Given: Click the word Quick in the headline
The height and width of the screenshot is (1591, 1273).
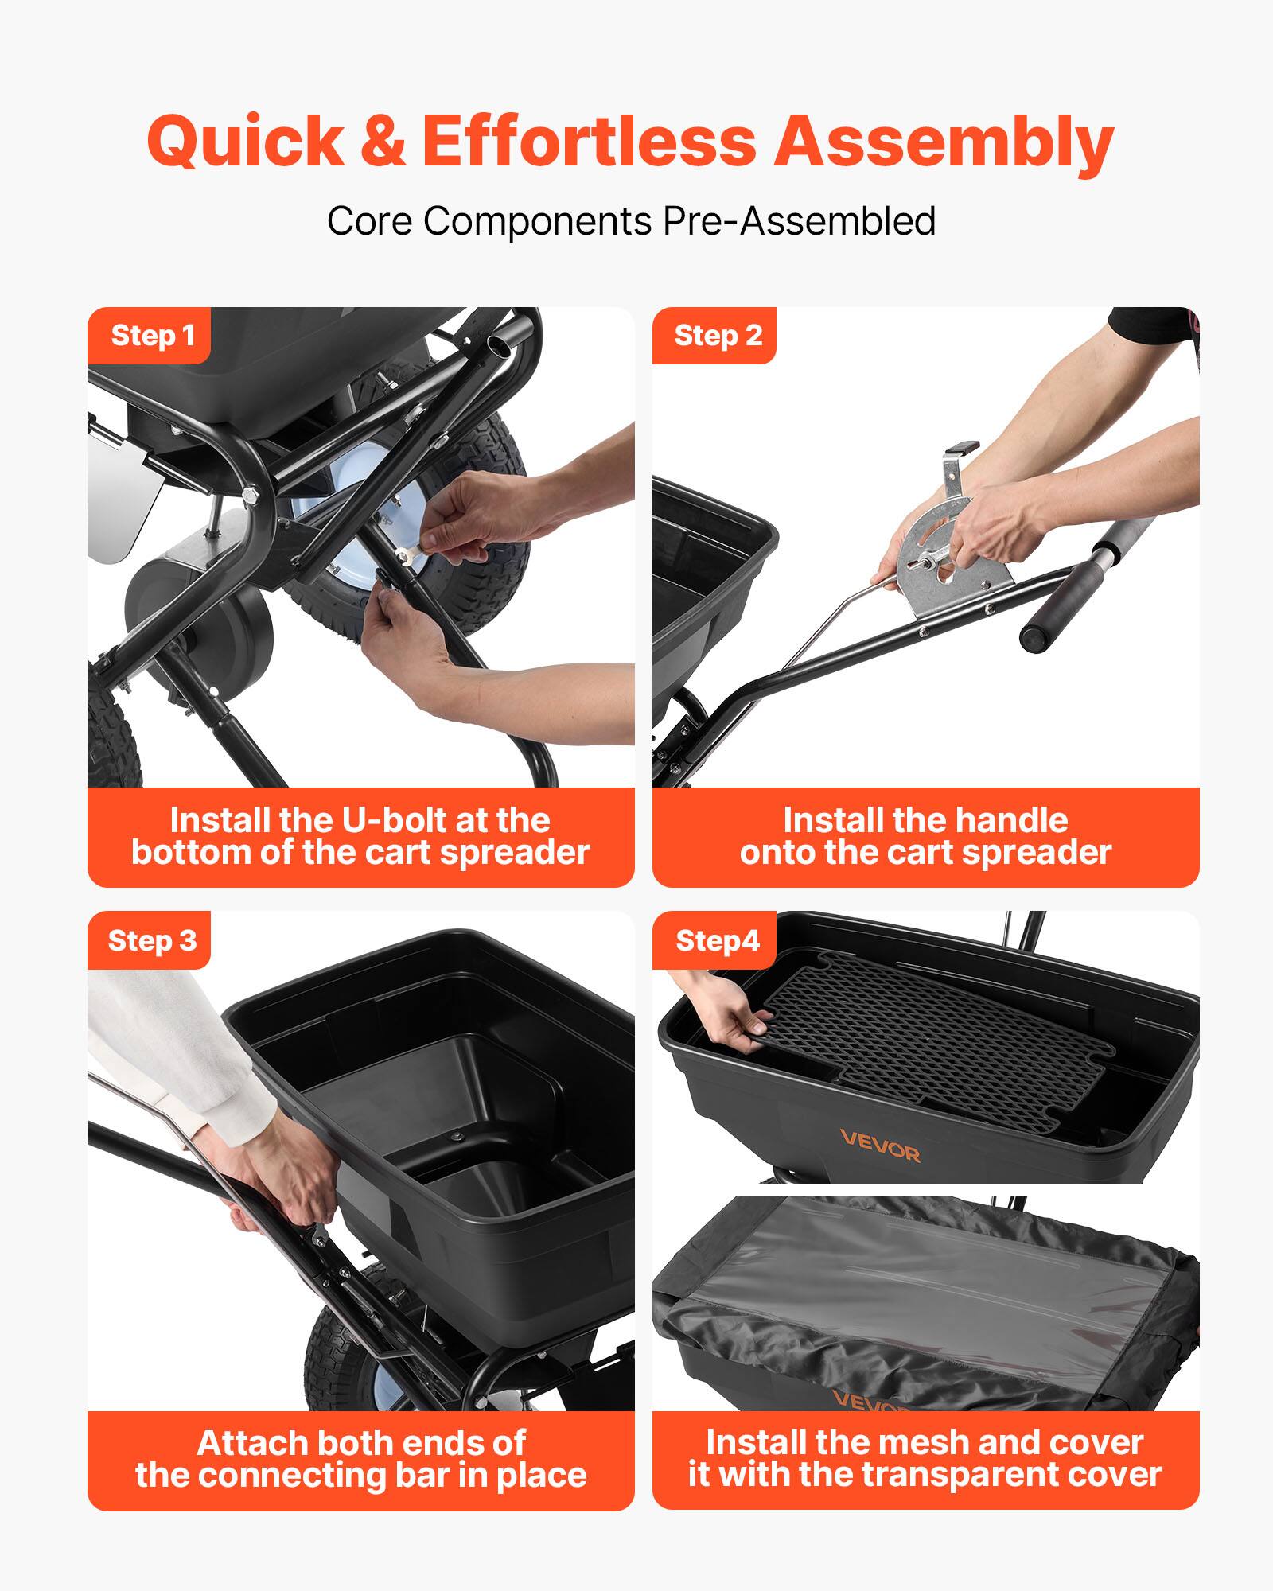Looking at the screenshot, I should coord(245,142).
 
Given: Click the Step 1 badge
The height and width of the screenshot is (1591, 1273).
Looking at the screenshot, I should coord(151,336).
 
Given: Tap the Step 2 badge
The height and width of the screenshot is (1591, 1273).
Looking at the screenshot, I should coord(716,336).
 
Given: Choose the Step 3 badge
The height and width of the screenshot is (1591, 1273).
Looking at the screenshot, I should coord(151,940).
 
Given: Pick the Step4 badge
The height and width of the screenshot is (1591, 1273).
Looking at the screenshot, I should coord(716,940).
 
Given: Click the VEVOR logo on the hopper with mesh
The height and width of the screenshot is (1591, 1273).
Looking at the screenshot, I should coord(879,1146).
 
